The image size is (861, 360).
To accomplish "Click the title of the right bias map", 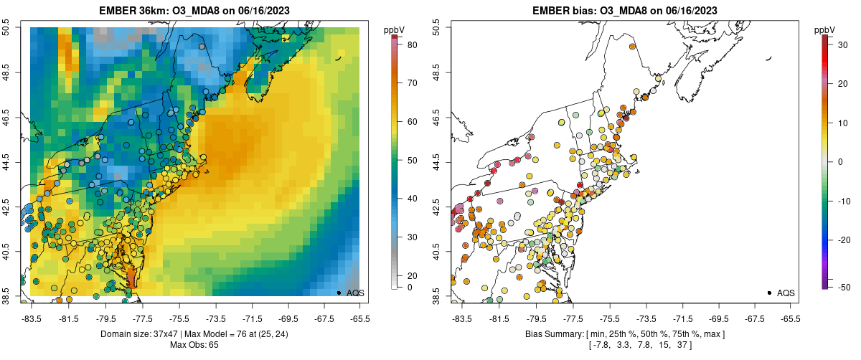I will [625, 10].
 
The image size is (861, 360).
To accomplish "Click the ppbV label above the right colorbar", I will [825, 29].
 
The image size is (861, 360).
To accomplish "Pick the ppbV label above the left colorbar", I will [395, 29].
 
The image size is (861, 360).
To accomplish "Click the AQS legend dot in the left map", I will [339, 293].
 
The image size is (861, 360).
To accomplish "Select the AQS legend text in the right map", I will [786, 293].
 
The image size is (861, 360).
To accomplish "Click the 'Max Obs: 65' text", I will [194, 345].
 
